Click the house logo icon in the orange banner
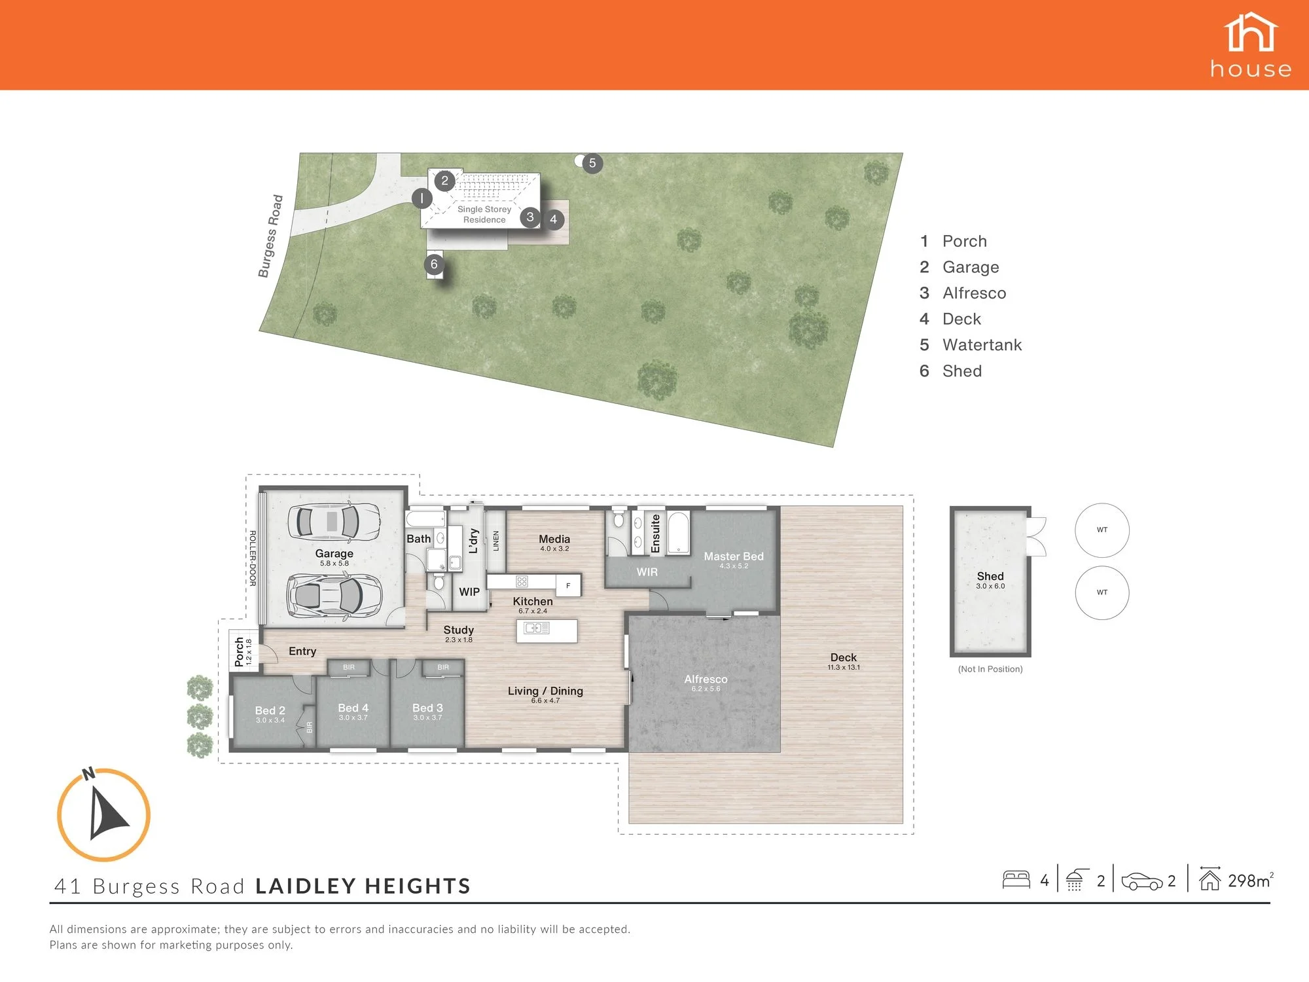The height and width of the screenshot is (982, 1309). pos(1251,32)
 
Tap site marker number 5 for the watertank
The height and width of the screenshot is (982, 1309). pos(592,163)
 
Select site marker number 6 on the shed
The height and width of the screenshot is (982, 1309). pos(434,264)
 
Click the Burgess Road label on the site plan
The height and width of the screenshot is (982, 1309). pos(270,236)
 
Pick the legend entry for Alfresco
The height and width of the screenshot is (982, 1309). pos(963,293)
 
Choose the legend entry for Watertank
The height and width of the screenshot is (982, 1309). pos(971,345)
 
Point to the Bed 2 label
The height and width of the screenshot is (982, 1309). pos(270,710)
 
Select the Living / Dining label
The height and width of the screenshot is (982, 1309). pos(545,691)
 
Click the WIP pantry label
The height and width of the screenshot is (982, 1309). pos(469,592)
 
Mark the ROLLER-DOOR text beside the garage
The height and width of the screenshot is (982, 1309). pos(253,558)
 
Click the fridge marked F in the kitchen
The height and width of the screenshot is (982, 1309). pos(568,585)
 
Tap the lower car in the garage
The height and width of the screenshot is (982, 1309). pos(334,595)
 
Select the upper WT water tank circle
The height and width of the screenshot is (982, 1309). pos(1102,530)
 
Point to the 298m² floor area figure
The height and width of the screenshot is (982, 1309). pos(1251,881)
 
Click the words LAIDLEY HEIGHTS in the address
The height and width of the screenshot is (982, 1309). pos(363,886)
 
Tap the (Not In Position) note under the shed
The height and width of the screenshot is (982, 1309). pos(990,669)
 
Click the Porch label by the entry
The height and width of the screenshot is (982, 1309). pos(240,651)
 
